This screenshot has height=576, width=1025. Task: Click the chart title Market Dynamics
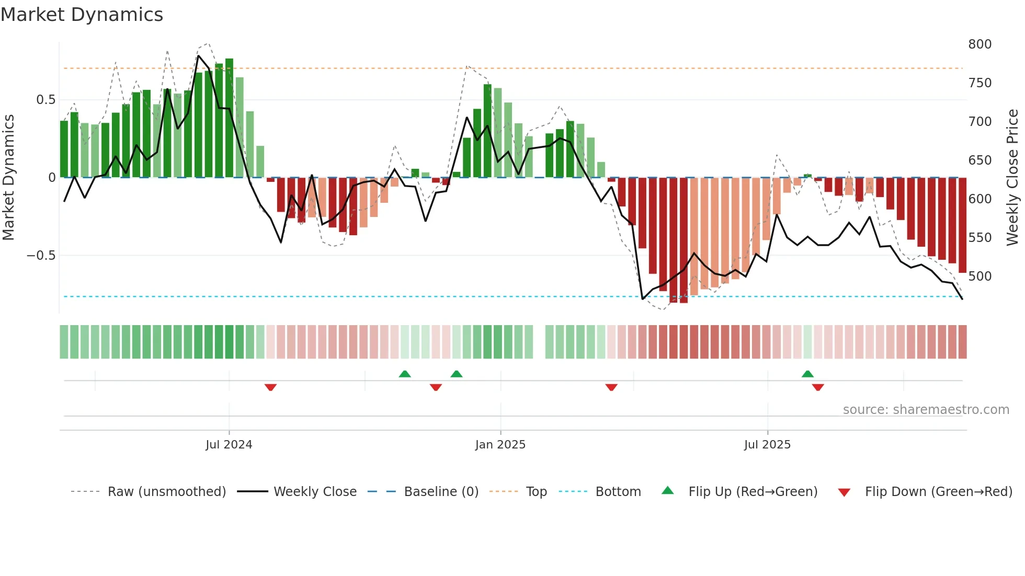click(x=82, y=15)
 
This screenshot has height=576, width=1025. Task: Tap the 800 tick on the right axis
click(x=980, y=44)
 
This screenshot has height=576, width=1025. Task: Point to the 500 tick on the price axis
click(x=980, y=277)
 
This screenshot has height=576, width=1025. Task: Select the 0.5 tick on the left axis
click(x=45, y=100)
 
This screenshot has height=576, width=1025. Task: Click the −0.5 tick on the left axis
click(x=41, y=256)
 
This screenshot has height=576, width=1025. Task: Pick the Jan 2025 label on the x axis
click(x=500, y=445)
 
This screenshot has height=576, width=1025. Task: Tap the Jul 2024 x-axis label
click(x=229, y=445)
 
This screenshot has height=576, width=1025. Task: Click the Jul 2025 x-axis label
click(x=767, y=445)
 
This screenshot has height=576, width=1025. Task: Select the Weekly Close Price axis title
click(x=1012, y=178)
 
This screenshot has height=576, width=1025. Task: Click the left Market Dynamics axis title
click(x=8, y=178)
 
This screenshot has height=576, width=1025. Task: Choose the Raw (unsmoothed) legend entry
click(x=166, y=492)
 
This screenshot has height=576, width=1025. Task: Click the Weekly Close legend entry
click(x=315, y=492)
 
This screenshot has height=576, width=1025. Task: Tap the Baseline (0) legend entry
click(x=441, y=492)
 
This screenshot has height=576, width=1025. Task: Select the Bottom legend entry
click(x=618, y=492)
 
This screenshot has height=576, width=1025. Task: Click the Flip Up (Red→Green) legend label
click(x=753, y=492)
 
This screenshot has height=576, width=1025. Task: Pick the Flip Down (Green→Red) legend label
click(x=938, y=492)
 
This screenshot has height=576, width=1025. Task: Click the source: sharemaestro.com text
click(x=926, y=410)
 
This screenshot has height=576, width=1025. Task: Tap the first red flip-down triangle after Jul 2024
click(x=270, y=387)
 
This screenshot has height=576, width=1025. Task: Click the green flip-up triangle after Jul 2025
click(x=807, y=374)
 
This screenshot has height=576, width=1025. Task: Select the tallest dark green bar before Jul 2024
click(x=229, y=118)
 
